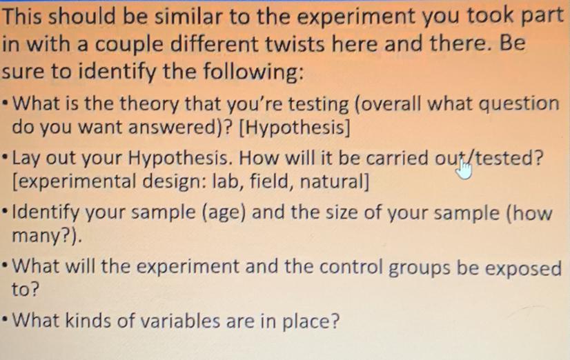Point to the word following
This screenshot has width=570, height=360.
(x=253, y=71)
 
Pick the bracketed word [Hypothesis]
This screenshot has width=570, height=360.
(x=294, y=128)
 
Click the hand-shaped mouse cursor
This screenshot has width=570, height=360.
(x=464, y=169)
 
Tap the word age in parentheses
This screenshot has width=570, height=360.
(x=224, y=212)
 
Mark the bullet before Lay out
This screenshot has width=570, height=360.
(x=5, y=159)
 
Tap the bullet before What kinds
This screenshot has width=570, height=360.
(x=5, y=321)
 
